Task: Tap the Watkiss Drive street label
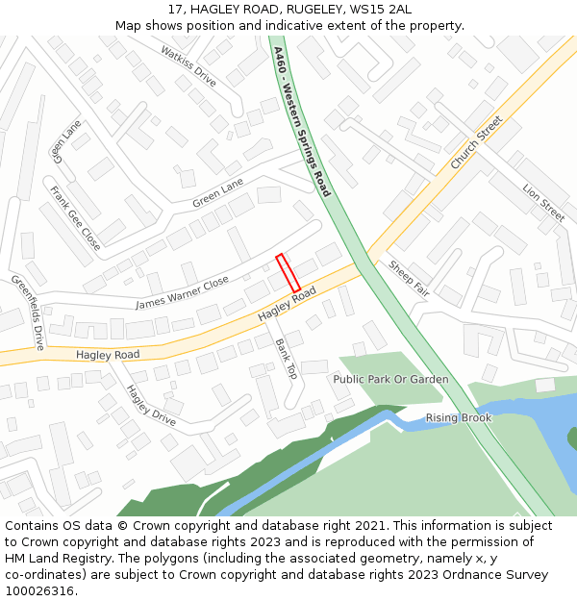(188, 65)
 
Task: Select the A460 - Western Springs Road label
(301, 121)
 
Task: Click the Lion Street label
(543, 203)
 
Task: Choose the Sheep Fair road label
(409, 279)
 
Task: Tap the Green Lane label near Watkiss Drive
(218, 193)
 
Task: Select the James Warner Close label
(182, 292)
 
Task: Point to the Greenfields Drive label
(28, 312)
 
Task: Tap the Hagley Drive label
(151, 405)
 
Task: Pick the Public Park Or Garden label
(390, 379)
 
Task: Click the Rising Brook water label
(459, 417)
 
